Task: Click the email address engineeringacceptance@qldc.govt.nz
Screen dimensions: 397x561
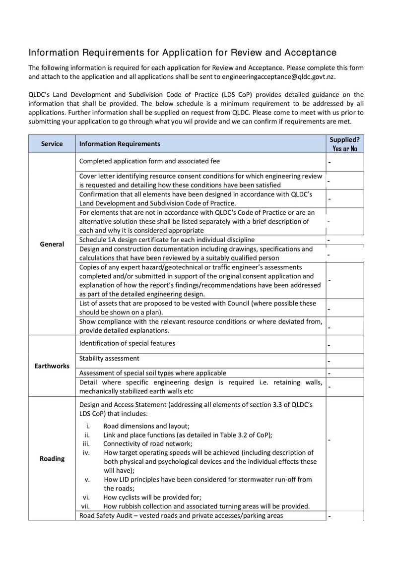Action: click(279, 77)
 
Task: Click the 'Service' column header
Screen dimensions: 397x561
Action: click(52, 144)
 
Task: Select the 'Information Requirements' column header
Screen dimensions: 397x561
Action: click(120, 144)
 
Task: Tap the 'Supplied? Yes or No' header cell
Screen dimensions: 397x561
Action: click(345, 144)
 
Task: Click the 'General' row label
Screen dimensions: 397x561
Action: click(52, 244)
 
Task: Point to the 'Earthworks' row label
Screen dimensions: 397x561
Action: click(52, 366)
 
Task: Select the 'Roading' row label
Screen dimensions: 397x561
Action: click(52, 458)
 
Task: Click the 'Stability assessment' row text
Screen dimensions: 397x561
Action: click(109, 358)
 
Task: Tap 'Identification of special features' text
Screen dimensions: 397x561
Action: click(127, 343)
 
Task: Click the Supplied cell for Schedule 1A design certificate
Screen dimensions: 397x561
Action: click(345, 240)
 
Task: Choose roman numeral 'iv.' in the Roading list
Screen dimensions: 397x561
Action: click(86, 452)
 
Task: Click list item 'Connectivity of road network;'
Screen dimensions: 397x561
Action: click(147, 443)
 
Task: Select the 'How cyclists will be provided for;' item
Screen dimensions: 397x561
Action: click(152, 497)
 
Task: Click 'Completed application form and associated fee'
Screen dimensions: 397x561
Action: click(149, 161)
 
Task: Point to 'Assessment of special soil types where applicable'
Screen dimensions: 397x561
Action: click(153, 373)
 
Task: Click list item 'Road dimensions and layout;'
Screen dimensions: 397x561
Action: click(146, 426)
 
